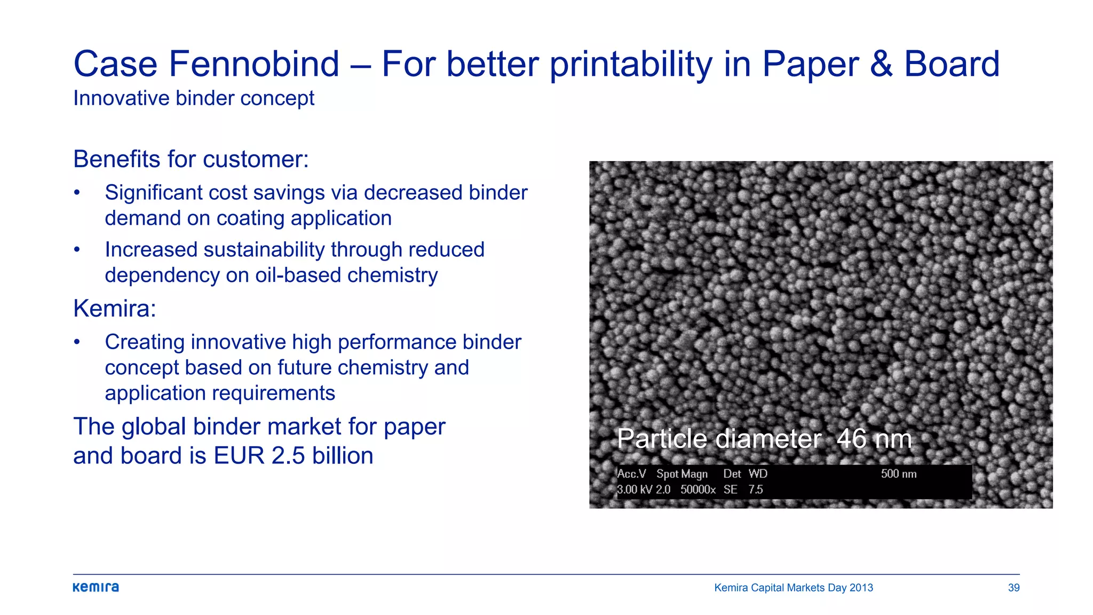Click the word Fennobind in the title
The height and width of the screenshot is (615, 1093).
[x=254, y=64]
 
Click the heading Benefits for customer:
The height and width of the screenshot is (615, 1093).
[x=191, y=159]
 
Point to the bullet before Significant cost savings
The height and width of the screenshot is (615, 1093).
[x=77, y=193]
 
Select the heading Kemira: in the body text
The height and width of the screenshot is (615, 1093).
[x=115, y=309]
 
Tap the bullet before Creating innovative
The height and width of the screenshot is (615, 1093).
[x=77, y=342]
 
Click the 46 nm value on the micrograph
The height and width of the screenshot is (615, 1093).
[x=874, y=439]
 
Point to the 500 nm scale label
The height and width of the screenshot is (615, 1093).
[x=899, y=474]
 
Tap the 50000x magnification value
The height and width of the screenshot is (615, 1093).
[x=698, y=490]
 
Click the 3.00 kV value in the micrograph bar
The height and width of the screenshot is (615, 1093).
[x=635, y=490]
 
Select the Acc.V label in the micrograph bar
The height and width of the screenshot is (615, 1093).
[x=631, y=474]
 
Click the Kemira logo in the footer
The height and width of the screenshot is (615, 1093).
[x=96, y=587]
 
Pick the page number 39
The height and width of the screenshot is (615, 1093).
[x=1013, y=588]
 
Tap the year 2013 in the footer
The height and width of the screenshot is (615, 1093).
[x=861, y=588]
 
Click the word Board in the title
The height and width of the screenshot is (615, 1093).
[x=952, y=64]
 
